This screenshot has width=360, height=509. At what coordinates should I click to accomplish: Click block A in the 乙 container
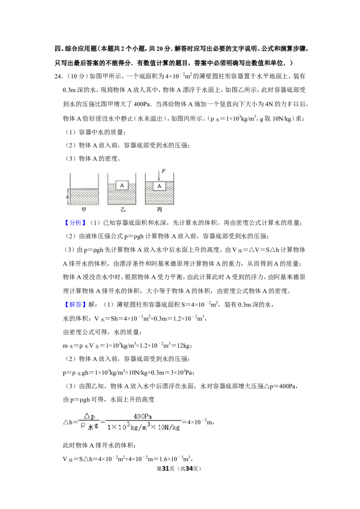point(122,185)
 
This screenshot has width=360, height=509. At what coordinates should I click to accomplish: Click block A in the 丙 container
point(159,186)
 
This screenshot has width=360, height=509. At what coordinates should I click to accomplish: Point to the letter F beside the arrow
point(163,171)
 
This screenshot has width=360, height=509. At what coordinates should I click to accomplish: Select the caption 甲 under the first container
point(84,210)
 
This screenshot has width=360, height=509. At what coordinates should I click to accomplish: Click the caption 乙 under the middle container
point(122,210)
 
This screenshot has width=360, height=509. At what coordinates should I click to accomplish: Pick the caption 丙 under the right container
point(159,210)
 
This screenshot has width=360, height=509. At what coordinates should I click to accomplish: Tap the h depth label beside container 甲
point(67,196)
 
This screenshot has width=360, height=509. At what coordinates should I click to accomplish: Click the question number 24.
point(58,76)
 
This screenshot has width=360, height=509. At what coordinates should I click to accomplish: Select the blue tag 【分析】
point(75,223)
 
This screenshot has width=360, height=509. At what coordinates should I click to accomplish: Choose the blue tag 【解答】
point(75,304)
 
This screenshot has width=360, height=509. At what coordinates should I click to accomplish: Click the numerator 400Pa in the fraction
point(143,416)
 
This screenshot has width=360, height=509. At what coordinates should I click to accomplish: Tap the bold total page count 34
point(189,469)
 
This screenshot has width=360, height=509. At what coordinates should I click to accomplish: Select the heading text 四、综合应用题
point(76,49)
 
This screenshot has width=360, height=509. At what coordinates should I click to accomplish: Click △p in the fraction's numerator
point(90,416)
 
